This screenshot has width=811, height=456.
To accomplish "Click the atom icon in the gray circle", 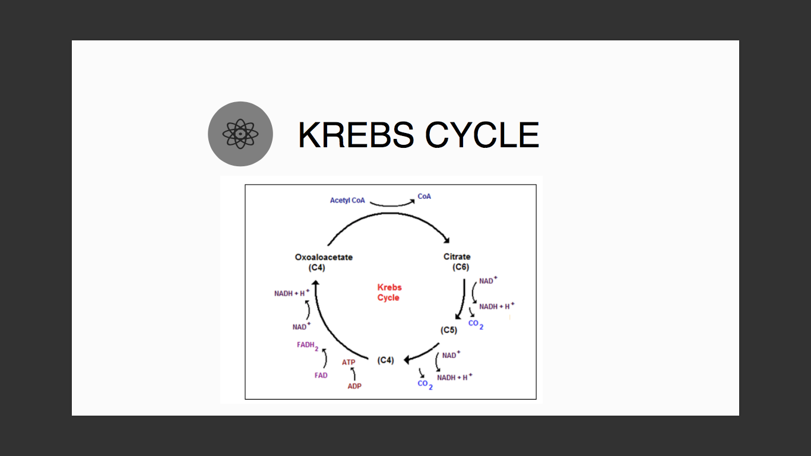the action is coord(240,134).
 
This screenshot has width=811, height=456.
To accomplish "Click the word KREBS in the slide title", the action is coord(356,135).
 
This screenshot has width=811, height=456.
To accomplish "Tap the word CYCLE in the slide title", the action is coord(482,135).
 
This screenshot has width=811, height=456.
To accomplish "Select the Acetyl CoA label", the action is coord(347,200).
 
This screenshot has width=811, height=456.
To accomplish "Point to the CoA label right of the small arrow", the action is coord(424,197).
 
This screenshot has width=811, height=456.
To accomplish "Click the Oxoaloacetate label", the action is coord(324,257).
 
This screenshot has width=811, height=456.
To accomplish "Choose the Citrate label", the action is coord(457,256).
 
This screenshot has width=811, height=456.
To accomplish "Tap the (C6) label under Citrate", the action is coord(461,267).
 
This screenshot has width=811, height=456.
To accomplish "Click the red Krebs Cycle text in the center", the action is coord(389,292).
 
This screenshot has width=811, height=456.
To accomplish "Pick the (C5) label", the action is coord(449,330).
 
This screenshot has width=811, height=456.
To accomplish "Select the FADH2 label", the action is coord(308,346).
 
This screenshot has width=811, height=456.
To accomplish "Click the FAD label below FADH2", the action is coord(321,375).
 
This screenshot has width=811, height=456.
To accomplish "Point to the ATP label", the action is coord(349,362).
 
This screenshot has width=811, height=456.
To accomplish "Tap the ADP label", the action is coord(354,386).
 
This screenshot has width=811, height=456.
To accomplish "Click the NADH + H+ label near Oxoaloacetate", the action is coord(292,293).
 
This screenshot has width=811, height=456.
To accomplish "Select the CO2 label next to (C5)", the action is coord(476,324).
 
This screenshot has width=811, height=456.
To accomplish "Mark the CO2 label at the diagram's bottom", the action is coord(425,384).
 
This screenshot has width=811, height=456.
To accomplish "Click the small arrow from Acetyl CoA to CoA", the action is coord(392,205).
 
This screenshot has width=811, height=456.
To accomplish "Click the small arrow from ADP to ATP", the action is coord(354,373).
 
